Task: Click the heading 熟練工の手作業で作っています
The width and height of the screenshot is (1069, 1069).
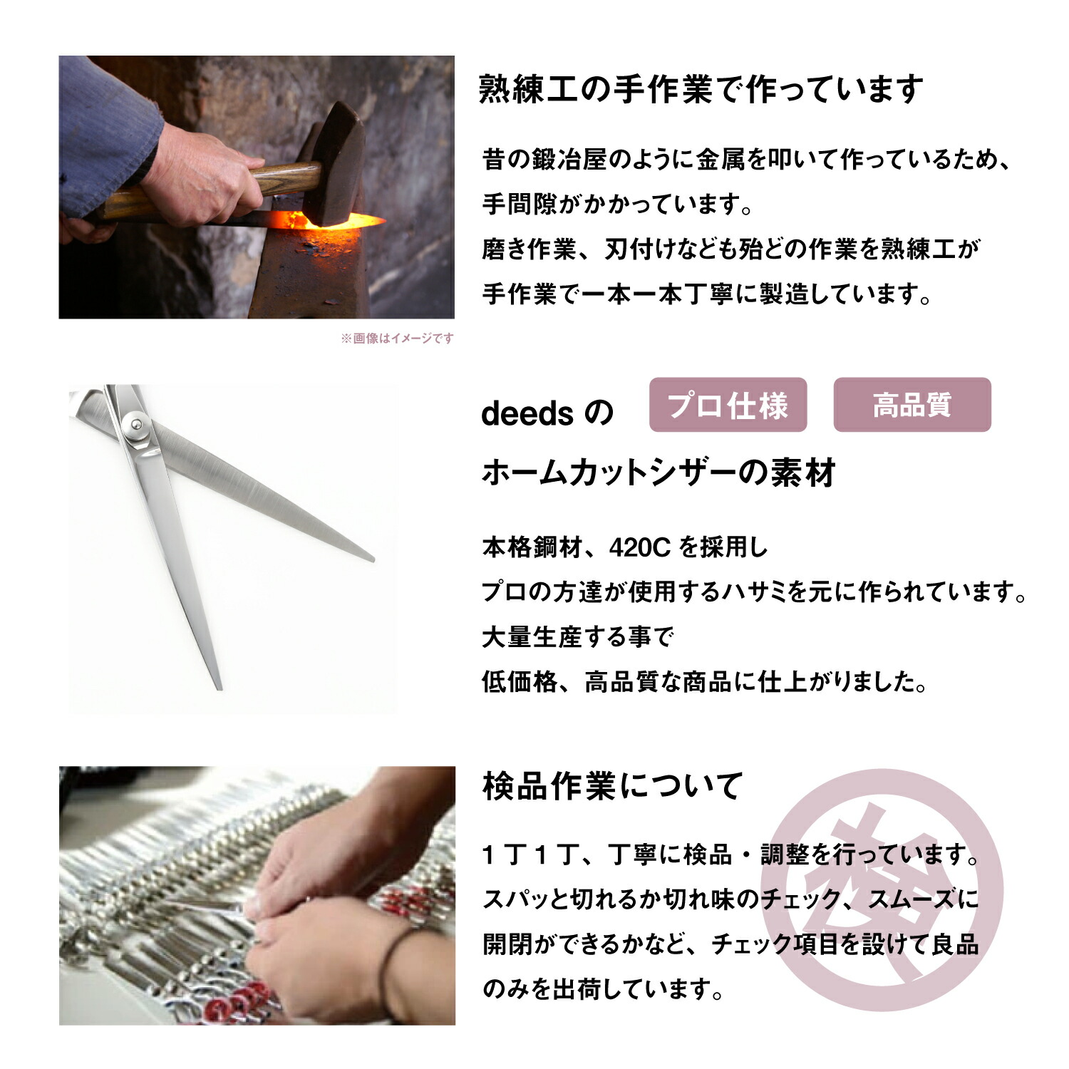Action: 701,91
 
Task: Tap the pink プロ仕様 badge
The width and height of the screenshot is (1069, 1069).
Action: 728,405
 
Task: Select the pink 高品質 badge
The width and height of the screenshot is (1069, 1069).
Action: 912,405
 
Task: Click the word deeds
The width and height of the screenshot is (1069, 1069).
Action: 527,414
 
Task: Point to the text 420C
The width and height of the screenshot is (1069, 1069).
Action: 640,547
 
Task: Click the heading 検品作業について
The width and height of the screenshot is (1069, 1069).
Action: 612,786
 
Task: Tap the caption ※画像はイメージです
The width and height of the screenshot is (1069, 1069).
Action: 397,339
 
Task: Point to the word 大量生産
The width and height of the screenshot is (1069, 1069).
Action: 532,637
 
